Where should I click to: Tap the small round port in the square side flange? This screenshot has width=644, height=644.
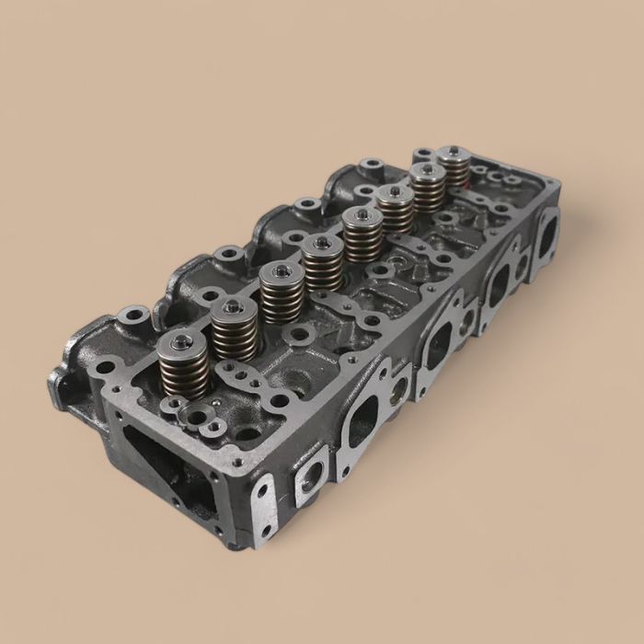click(x=306, y=477)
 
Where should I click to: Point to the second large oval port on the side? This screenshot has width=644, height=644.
click(x=439, y=346)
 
